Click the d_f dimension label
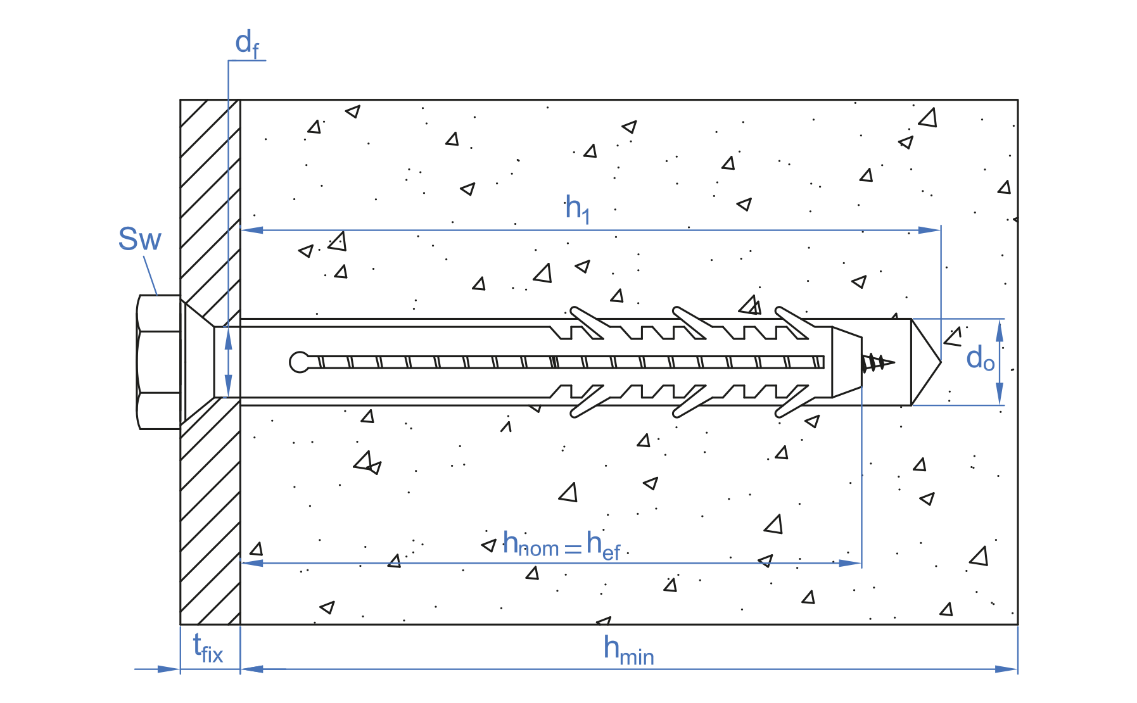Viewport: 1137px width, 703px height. pos(246,44)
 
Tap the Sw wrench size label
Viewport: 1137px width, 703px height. pos(140,239)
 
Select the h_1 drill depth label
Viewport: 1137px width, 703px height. pos(577,208)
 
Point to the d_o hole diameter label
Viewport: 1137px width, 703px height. pos(980,359)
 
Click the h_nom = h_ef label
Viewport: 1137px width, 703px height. pos(561,545)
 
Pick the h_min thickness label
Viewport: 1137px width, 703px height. pos(628,650)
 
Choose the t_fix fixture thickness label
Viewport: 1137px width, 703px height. pos(208,649)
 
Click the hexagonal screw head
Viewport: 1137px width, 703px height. pos(159,362)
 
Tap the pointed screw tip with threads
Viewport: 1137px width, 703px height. pos(877,363)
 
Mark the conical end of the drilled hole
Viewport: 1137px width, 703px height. pos(924,362)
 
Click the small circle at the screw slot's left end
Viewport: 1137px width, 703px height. pos(299,362)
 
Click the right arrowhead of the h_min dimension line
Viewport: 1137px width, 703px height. pos(1007,669)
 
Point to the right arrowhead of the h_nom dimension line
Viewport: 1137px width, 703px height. pos(850,562)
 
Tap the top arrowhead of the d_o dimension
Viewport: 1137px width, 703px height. pos(1000,329)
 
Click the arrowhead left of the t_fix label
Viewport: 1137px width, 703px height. pos(168,669)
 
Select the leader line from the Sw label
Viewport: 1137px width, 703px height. pos(150,275)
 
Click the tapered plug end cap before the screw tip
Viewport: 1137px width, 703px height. pos(846,362)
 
